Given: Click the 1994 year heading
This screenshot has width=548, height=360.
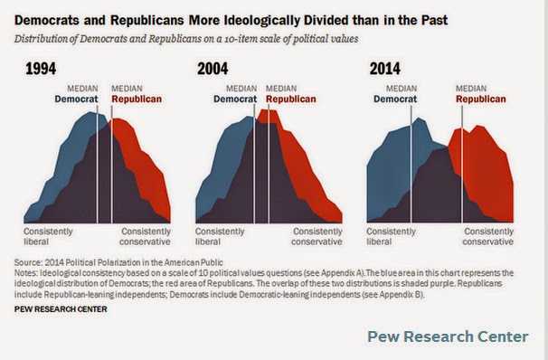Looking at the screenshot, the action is pos(41,69).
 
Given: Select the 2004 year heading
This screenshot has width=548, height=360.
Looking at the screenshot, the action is pos(213,69).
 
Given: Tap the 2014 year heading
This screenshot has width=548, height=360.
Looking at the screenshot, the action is pos(385,69).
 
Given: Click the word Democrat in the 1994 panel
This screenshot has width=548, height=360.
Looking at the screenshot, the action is pos(76,99).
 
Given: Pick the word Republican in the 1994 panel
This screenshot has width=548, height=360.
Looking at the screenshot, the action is pos(137,99).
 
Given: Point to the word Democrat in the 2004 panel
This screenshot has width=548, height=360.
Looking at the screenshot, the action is pos(235,99).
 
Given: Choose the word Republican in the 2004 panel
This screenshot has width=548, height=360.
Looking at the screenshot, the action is pos(291,99).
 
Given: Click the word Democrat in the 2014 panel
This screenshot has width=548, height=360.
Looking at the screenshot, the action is pos(395,99).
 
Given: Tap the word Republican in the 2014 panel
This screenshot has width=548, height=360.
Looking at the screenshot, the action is pos(481,99).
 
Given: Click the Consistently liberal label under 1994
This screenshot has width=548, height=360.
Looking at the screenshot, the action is pos(48,237).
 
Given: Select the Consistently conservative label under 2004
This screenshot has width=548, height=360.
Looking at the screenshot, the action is pos(317,237).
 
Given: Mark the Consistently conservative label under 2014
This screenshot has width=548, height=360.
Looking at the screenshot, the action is pos(488,237).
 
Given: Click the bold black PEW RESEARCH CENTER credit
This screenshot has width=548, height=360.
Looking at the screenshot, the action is pos(61,309).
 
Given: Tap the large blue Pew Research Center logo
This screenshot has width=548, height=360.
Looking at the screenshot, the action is pos(448,336).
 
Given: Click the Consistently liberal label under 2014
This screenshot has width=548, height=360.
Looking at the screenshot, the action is pos(391,237).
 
